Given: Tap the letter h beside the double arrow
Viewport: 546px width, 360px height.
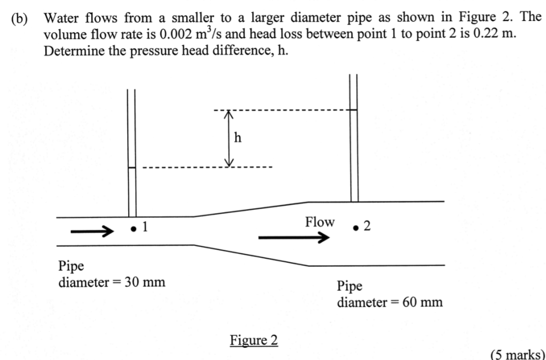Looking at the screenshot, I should (x=237, y=137).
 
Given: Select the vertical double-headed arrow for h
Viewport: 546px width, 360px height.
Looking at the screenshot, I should (x=229, y=138).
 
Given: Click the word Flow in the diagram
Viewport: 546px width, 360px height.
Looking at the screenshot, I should (x=320, y=222).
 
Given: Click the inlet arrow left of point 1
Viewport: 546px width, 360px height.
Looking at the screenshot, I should (x=91, y=232).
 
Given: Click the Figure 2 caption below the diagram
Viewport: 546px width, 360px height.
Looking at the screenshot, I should (x=254, y=340).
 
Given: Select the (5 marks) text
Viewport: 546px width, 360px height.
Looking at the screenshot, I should (x=516, y=354).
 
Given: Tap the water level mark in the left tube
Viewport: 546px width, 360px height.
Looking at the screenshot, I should (x=132, y=168).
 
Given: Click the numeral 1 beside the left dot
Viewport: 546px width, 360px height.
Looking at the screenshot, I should (x=145, y=227).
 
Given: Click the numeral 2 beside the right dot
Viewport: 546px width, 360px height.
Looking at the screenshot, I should (x=367, y=227).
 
